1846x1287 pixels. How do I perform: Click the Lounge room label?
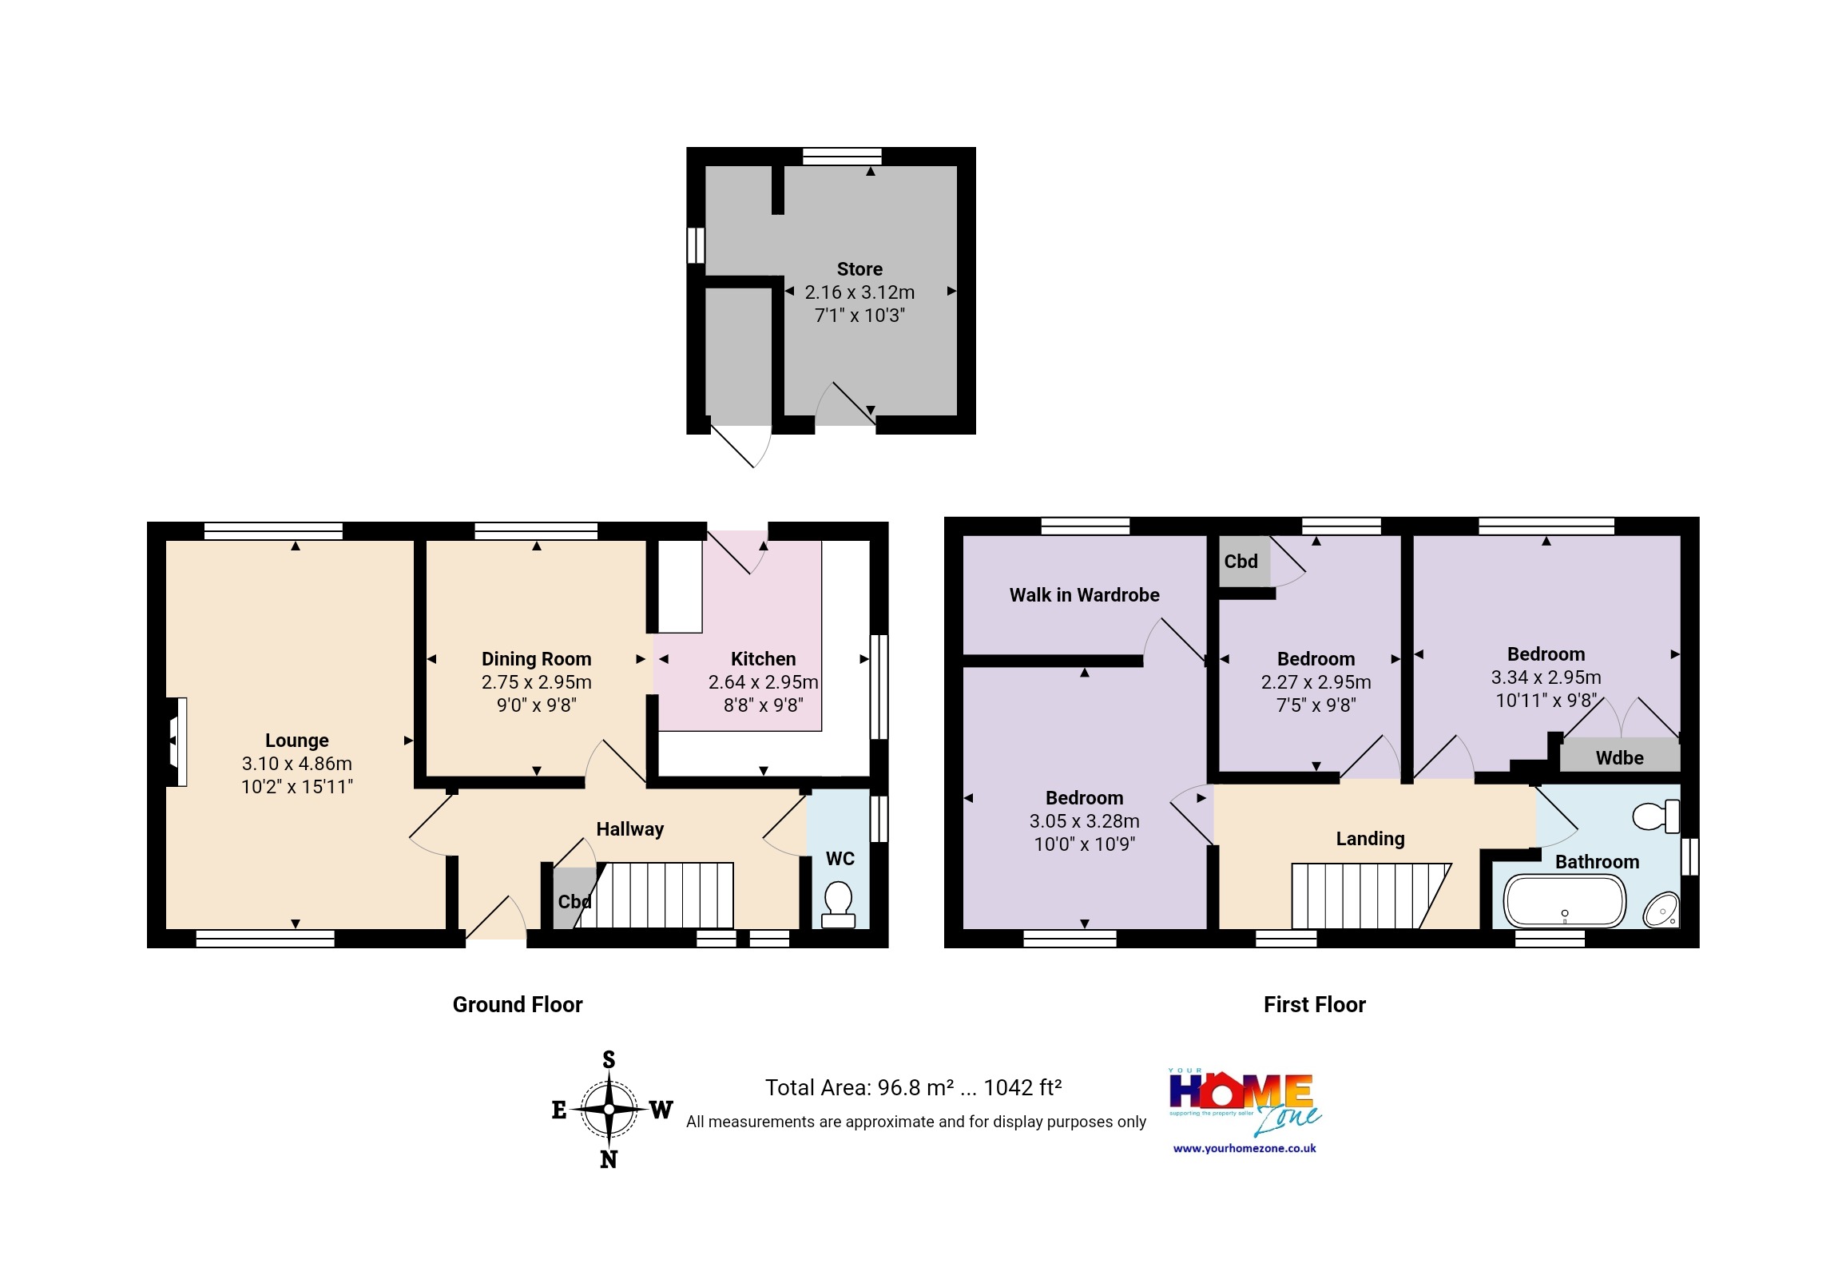[x=296, y=740]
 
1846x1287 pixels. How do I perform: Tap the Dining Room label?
[x=536, y=658]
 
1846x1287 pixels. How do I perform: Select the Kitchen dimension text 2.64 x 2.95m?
[x=763, y=681]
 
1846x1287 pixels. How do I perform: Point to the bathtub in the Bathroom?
[x=1565, y=901]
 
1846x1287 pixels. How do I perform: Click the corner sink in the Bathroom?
[x=1661, y=910]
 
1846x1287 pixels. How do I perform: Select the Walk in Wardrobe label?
[x=1084, y=595]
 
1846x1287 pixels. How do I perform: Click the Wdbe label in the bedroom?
[x=1619, y=757]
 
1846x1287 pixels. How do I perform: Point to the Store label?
[x=859, y=268]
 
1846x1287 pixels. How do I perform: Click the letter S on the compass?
[x=609, y=1060]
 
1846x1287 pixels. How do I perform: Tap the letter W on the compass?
[x=661, y=1110]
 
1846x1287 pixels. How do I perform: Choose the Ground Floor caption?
[x=517, y=1004]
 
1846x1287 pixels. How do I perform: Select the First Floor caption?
[x=1314, y=1004]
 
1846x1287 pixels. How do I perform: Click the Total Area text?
[x=912, y=1087]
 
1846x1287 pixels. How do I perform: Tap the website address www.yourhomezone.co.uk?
[x=1244, y=1148]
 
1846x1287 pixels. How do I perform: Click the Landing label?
[x=1370, y=839]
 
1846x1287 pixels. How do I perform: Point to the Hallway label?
[x=629, y=828]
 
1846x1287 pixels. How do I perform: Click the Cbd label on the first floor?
[x=1241, y=561]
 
